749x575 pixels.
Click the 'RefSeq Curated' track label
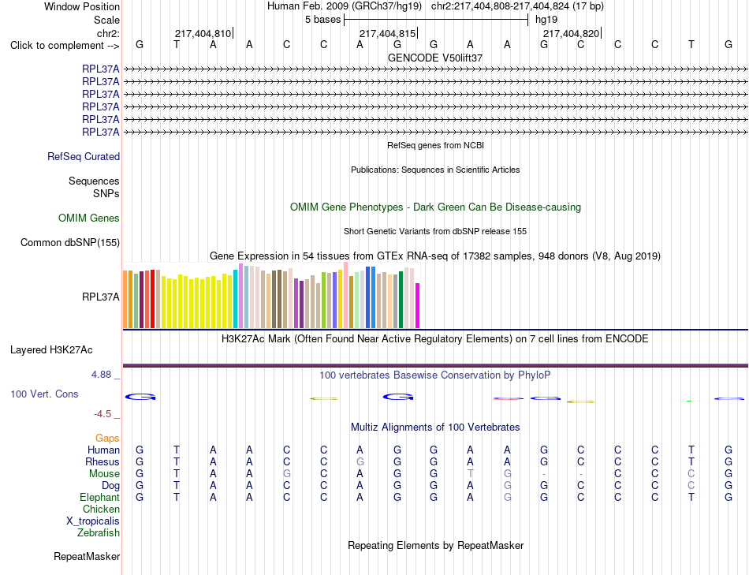(84, 157)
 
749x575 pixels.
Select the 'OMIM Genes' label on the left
(89, 218)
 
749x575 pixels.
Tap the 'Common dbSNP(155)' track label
(70, 243)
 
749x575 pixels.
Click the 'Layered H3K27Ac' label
(51, 350)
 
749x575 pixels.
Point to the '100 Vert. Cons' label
(44, 394)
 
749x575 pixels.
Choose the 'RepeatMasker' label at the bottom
(87, 556)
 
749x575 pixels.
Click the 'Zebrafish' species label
(99, 533)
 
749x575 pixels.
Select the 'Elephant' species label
(100, 498)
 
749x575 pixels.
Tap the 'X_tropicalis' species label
(93, 521)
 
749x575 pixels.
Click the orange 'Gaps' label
(107, 439)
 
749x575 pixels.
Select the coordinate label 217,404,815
(387, 33)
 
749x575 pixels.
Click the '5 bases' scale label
(323, 20)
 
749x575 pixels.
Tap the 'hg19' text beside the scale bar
(546, 20)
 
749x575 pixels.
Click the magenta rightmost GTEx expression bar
(418, 306)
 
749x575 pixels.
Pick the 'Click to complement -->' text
(65, 46)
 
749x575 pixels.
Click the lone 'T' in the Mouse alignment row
(471, 474)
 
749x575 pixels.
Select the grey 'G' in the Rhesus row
(360, 461)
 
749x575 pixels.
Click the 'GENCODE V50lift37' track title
(435, 58)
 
